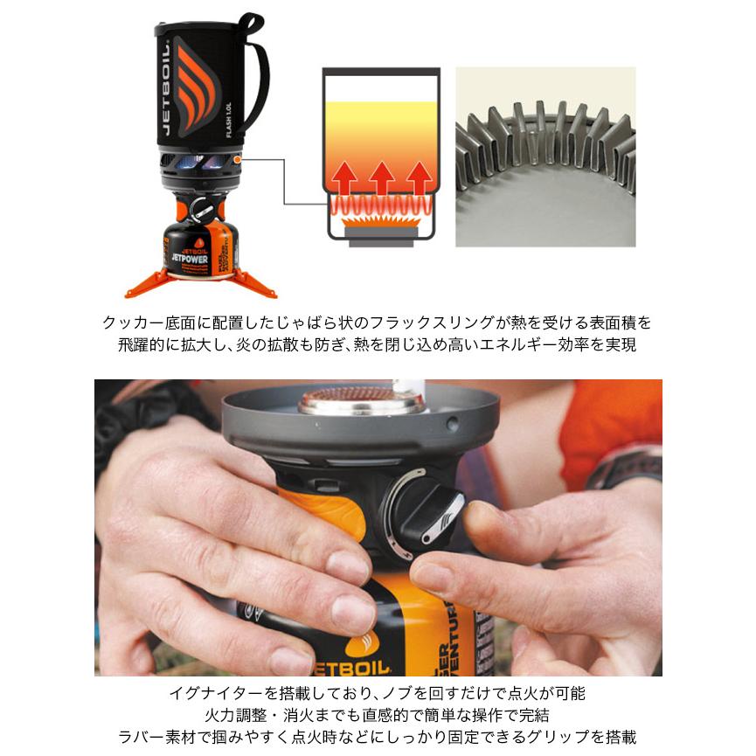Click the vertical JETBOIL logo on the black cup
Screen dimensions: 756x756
(x=166, y=87)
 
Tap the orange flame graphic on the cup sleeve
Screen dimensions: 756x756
(x=195, y=85)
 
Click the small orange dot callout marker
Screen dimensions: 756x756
(x=237, y=158)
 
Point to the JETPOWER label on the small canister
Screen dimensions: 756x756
(x=190, y=259)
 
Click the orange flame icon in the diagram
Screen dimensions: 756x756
(x=381, y=221)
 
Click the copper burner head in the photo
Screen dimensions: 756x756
(x=362, y=399)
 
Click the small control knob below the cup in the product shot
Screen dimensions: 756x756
(x=203, y=209)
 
